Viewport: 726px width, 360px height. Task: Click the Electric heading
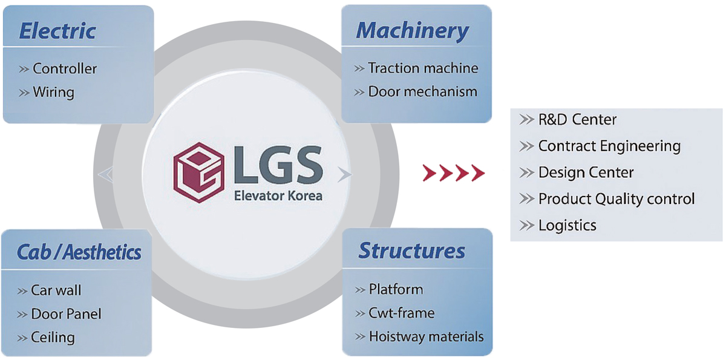coord(57,31)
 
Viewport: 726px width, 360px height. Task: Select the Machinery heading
coord(412,31)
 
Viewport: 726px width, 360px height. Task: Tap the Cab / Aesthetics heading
coord(79,252)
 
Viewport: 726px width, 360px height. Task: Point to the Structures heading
coord(411,250)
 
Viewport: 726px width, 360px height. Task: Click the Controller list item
coord(65,69)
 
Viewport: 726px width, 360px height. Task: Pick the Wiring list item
coord(53,93)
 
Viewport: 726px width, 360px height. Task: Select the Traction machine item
coord(423,68)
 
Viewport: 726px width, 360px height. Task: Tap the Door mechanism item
coord(423,92)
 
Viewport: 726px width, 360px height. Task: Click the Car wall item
coord(56,290)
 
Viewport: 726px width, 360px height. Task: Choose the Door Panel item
coord(66,314)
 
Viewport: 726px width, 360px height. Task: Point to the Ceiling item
coord(53,338)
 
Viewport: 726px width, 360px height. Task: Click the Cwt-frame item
coord(402,313)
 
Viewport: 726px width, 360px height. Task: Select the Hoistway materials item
coord(426,336)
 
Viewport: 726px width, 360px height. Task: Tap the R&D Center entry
coord(577,120)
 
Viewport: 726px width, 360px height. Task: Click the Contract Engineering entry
coord(609,146)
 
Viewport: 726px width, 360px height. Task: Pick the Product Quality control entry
coord(616,199)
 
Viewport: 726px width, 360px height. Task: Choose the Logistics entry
coord(567,226)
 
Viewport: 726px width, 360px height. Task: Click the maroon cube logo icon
coord(198,172)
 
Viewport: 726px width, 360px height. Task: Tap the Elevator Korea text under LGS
coord(278,196)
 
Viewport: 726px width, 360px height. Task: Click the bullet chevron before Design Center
coord(526,172)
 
